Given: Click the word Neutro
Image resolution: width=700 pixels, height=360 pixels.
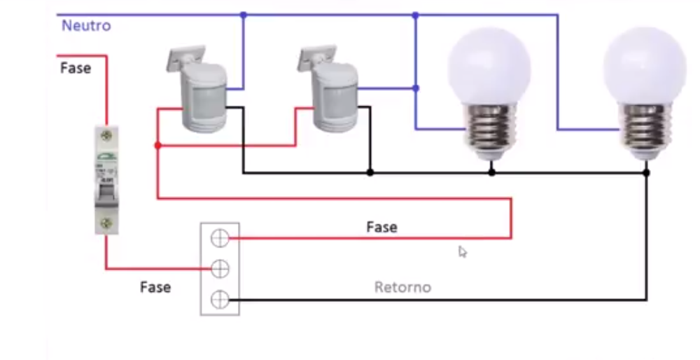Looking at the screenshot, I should (x=86, y=26).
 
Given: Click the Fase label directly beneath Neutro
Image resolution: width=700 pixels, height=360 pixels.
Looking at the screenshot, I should (x=76, y=68).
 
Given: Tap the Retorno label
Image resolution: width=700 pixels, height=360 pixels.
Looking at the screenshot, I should (x=402, y=287).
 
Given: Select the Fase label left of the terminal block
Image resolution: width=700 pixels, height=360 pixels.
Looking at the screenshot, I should (x=155, y=287).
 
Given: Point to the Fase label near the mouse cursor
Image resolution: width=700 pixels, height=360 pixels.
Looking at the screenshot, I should (x=381, y=227).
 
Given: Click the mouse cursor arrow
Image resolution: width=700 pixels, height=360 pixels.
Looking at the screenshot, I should (x=463, y=251).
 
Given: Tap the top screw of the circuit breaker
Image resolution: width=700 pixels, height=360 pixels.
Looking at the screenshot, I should (x=106, y=133).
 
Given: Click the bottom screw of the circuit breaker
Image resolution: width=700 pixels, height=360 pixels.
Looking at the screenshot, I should (x=106, y=223).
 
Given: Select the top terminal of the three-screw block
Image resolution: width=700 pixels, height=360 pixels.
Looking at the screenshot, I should (x=220, y=239).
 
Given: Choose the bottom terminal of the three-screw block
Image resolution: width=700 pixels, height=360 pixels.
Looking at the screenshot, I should (x=220, y=300).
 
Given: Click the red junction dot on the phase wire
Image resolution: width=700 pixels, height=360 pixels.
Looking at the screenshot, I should (x=157, y=146).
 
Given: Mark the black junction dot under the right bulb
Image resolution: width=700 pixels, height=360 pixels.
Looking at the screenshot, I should (x=646, y=172).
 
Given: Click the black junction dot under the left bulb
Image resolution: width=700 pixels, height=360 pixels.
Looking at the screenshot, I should (x=491, y=172).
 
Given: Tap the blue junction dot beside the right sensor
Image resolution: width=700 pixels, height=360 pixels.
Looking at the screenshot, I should (x=416, y=88).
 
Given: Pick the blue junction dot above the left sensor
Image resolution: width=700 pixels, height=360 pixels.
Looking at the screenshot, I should (x=243, y=15).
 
